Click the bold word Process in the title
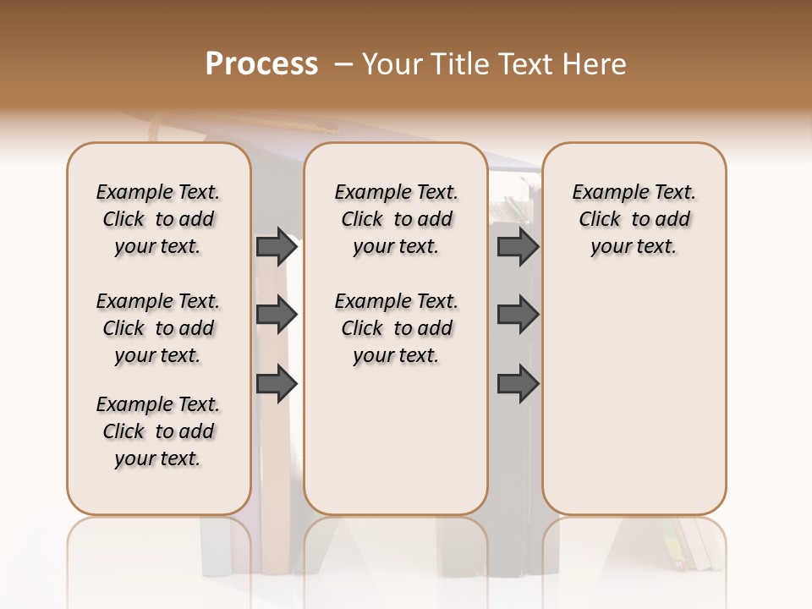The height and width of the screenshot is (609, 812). coord(261,64)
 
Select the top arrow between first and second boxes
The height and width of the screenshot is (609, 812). coord(277,247)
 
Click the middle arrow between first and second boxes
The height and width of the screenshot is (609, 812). coord(277,315)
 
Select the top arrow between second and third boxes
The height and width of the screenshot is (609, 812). coord(518,247)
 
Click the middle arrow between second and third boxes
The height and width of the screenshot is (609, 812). coord(518,315)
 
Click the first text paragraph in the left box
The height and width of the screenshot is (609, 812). coord(158,219)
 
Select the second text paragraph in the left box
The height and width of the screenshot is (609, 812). coord(158,328)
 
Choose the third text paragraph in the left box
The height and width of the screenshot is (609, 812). coord(158,431)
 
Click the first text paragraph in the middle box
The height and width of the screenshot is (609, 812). coord(396,219)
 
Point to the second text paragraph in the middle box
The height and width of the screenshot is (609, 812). coord(396,328)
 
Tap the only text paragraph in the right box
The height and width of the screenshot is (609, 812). coord(634,219)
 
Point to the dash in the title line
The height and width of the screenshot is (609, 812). coord(343,65)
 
